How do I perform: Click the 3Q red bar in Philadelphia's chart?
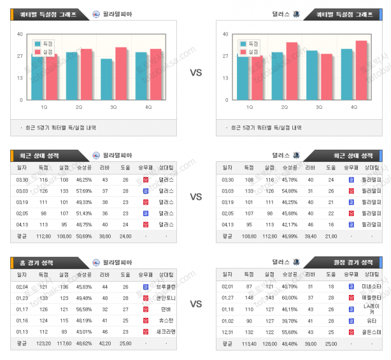121,73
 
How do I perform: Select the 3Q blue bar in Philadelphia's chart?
106,79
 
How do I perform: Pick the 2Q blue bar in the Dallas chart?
277,76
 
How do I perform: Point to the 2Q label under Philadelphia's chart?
79,107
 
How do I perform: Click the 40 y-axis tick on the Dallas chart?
226,34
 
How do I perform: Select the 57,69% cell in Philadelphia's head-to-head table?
84,191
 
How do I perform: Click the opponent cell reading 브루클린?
165,287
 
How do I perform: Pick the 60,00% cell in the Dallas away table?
289,297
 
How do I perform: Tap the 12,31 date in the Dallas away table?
228,332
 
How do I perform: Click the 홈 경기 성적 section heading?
37,262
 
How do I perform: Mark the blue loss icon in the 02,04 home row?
145,287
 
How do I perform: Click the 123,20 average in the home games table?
43,344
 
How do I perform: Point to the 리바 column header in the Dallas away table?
310,275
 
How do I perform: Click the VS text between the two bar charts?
195,73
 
